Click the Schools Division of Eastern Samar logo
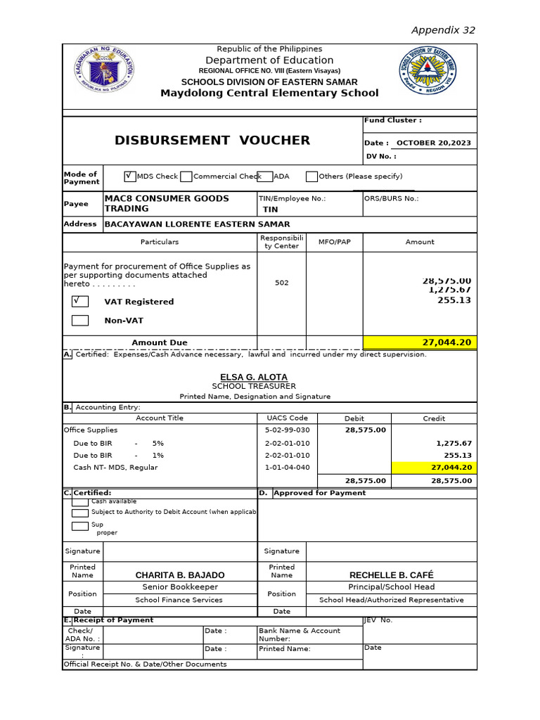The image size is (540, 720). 427,72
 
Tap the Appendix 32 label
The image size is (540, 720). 443,30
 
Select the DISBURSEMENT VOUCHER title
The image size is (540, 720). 212,141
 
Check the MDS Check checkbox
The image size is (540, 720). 129,176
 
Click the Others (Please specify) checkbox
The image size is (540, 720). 311,176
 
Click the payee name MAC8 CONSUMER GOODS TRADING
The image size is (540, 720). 167,203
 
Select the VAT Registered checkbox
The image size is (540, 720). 80,302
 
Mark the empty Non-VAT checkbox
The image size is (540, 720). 80,321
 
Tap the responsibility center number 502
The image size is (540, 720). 281,283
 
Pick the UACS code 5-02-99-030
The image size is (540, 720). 286,430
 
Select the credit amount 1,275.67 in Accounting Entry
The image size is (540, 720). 454,444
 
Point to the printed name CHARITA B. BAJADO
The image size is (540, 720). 180,575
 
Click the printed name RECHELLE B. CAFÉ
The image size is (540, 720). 391,575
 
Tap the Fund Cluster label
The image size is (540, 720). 392,121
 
